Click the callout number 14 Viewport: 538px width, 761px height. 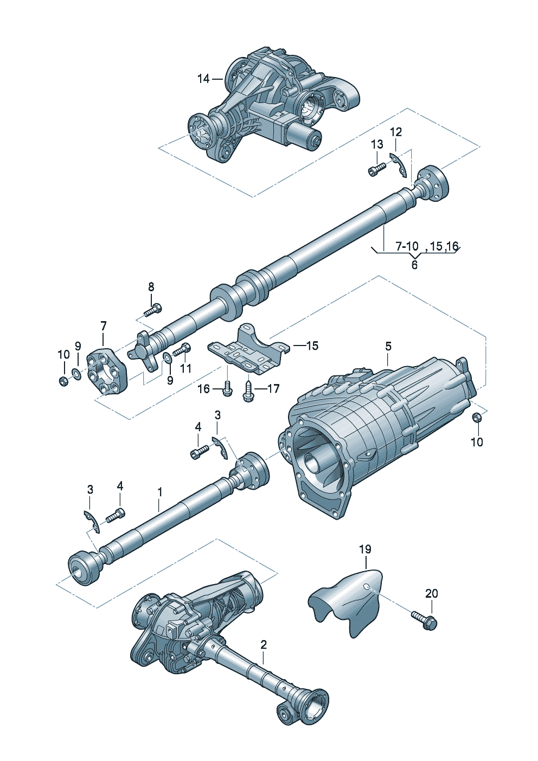click(203, 79)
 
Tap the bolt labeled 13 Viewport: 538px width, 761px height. click(376, 170)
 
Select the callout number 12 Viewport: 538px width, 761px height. click(396, 132)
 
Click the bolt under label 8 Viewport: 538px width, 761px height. click(153, 310)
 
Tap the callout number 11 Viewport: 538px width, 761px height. click(186, 369)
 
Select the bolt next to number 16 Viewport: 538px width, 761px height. click(227, 389)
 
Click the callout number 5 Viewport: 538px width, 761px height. click(388, 346)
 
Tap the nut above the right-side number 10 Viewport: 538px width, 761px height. click(477, 418)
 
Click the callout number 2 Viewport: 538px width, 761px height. click(264, 645)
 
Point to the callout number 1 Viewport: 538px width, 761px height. click(160, 492)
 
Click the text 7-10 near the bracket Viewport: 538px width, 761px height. click(406, 247)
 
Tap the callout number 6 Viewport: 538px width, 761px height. click(414, 265)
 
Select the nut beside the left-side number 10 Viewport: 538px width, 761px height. click(63, 380)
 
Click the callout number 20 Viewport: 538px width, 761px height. click(431, 593)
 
